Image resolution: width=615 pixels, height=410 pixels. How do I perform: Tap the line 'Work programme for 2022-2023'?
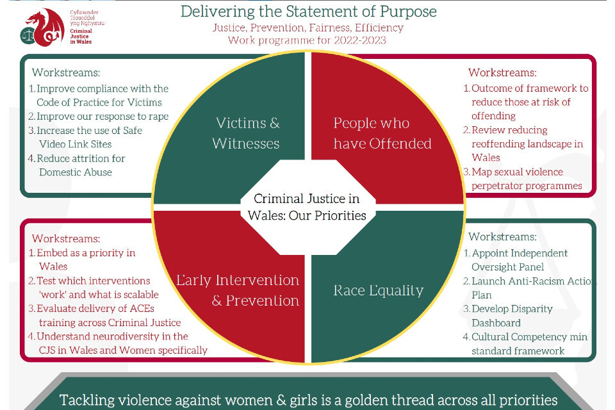(x=307, y=40)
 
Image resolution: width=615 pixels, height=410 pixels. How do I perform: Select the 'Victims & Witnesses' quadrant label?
(x=247, y=133)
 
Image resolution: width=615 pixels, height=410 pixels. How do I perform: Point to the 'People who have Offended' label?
(x=382, y=133)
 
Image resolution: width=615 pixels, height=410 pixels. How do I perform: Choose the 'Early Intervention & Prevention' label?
(x=238, y=290)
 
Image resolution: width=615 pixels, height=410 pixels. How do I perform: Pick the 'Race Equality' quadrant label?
(x=378, y=290)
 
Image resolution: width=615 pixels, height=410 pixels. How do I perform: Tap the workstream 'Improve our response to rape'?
(x=101, y=116)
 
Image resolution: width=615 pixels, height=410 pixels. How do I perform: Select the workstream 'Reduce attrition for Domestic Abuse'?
(x=80, y=165)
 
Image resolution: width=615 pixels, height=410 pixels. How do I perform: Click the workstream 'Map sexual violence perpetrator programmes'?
(x=525, y=179)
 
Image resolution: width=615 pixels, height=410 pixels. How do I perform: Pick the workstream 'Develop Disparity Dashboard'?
(x=511, y=315)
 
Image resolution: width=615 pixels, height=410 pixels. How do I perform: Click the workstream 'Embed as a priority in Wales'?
(x=85, y=259)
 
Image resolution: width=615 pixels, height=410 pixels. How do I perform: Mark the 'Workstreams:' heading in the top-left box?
(x=66, y=72)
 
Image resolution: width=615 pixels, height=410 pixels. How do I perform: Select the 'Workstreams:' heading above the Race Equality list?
(x=502, y=236)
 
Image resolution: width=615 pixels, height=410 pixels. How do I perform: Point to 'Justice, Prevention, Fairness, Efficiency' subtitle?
(x=307, y=28)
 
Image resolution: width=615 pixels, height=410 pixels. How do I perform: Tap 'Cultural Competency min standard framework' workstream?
(x=528, y=343)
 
